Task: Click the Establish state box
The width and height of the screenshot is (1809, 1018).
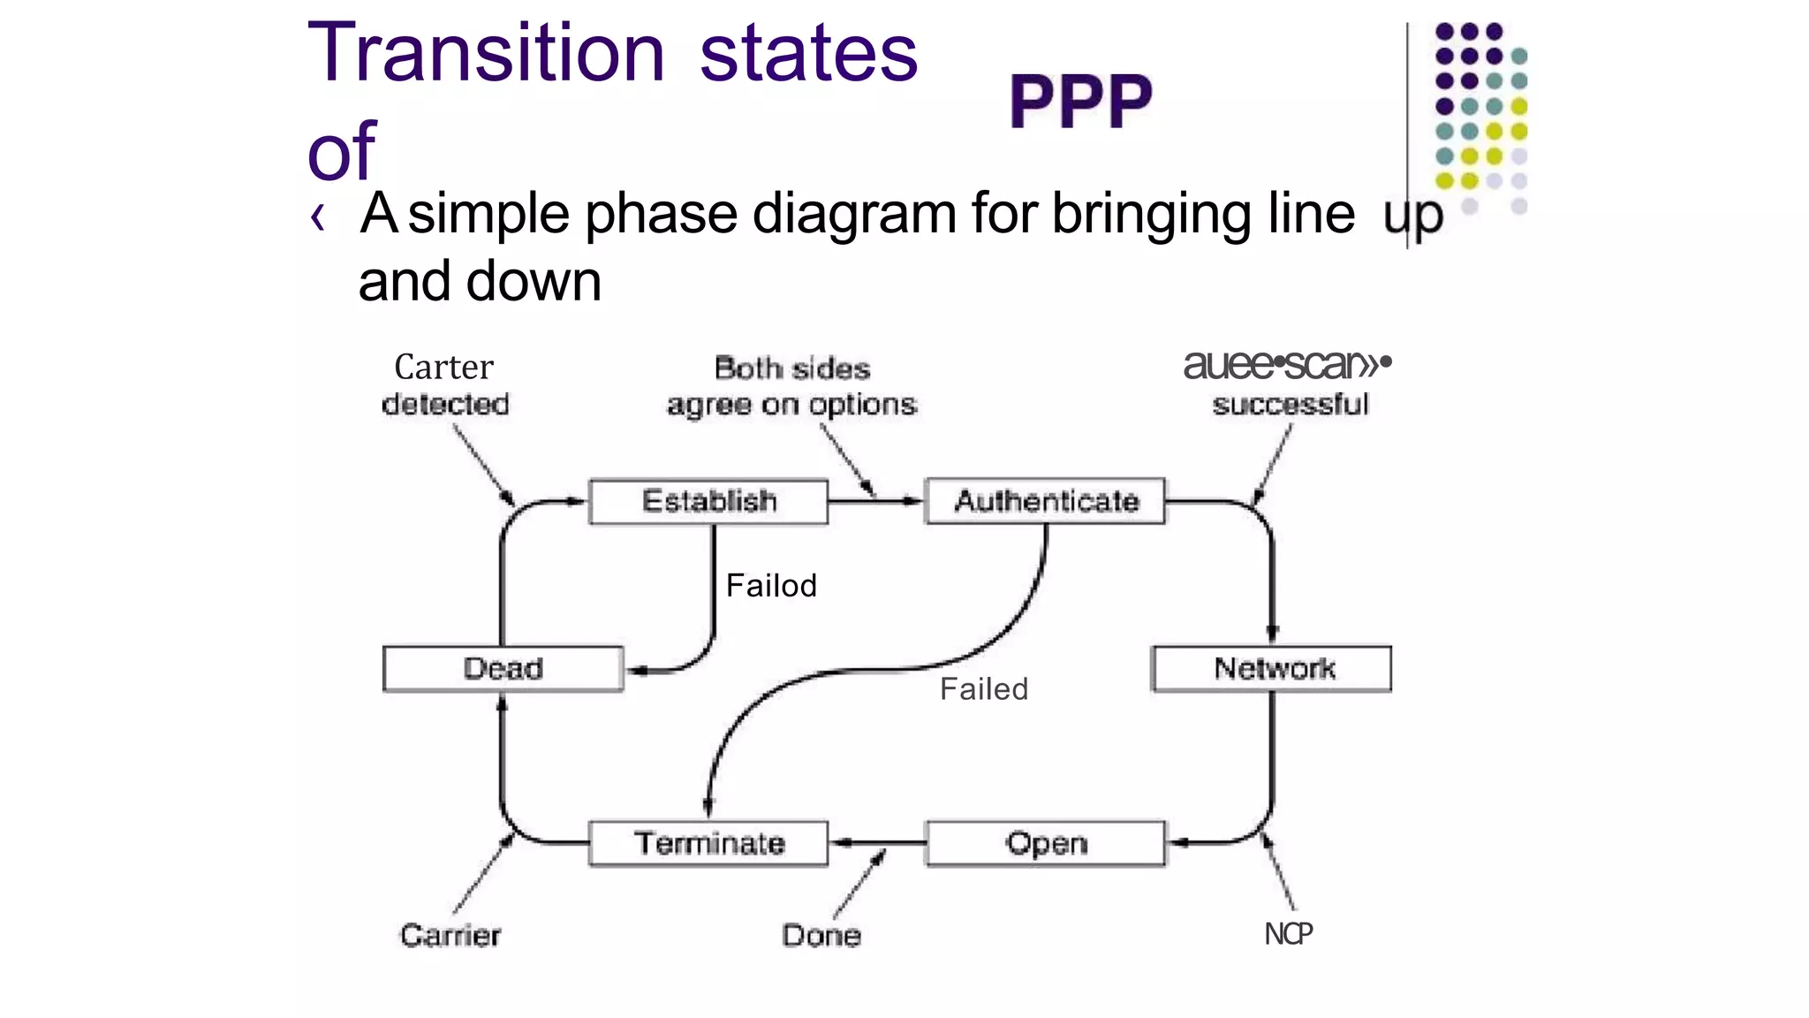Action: [x=708, y=501]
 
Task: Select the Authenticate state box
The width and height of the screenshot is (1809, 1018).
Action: [x=1045, y=501]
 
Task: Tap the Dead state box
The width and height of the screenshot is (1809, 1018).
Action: [x=503, y=668]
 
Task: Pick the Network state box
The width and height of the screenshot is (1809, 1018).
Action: [x=1272, y=668]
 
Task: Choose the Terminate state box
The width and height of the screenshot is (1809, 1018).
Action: [x=708, y=843]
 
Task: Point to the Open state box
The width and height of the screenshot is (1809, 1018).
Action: [x=1045, y=843]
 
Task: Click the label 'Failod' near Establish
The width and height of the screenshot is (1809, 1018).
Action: [x=771, y=586]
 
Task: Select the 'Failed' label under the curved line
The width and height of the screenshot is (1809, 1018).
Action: [x=984, y=689]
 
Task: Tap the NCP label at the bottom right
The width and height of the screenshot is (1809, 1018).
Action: [x=1288, y=934]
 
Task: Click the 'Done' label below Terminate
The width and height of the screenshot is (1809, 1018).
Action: [x=821, y=935]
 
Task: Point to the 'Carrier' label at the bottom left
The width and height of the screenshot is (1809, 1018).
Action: [x=450, y=935]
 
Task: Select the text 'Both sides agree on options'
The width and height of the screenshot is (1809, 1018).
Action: [x=791, y=386]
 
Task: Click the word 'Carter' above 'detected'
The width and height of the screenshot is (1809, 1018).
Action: [x=443, y=367]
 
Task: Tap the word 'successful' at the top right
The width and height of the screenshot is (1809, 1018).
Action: [x=1290, y=405]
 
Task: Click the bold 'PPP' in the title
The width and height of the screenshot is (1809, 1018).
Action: [x=1080, y=102]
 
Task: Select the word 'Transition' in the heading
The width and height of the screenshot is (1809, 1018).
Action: [x=486, y=53]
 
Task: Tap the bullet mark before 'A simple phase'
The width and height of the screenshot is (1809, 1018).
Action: [x=318, y=217]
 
